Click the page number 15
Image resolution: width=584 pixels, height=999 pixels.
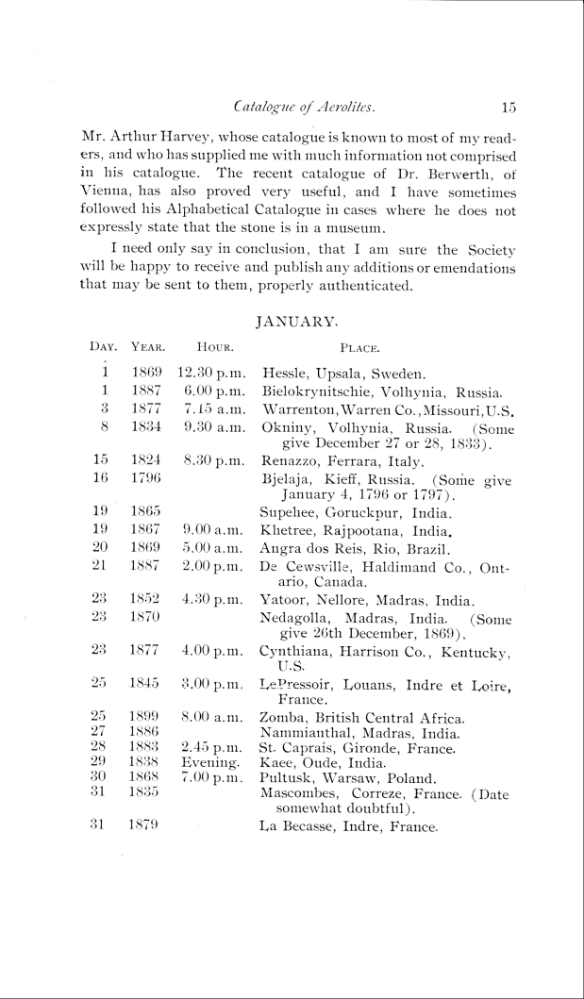(x=509, y=108)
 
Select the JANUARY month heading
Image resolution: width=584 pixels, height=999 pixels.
(x=296, y=322)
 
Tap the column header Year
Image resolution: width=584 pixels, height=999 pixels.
(x=146, y=347)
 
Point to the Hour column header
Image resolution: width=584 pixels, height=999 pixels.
(x=207, y=347)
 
